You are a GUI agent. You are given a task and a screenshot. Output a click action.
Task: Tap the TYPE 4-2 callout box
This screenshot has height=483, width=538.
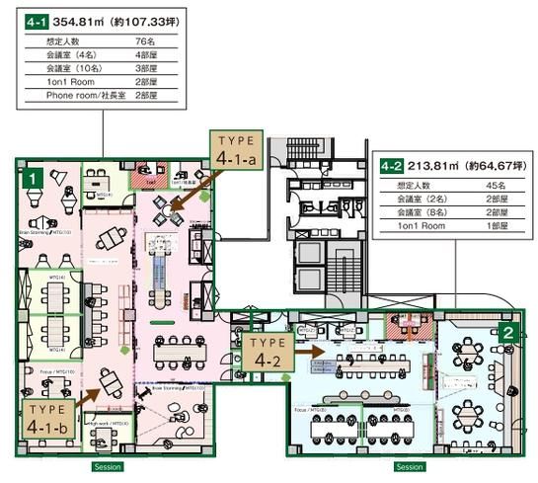[x=267, y=353]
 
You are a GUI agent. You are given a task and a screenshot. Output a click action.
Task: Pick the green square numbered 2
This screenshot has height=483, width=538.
[x=506, y=332]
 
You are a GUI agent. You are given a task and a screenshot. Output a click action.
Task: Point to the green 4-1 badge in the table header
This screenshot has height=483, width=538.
[x=37, y=18]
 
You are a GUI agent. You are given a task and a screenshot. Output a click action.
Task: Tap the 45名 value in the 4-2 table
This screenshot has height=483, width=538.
[x=495, y=185]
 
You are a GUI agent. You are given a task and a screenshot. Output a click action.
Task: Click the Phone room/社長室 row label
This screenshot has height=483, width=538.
[x=74, y=96]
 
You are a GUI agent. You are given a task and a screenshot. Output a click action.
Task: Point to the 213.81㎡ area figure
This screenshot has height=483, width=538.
[x=431, y=165]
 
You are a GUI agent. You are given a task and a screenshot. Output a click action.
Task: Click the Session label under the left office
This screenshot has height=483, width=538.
[x=106, y=466]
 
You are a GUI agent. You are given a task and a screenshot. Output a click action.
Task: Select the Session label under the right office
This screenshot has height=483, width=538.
[x=410, y=466]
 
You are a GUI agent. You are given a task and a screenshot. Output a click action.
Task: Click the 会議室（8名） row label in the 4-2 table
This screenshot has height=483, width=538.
[x=422, y=211]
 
